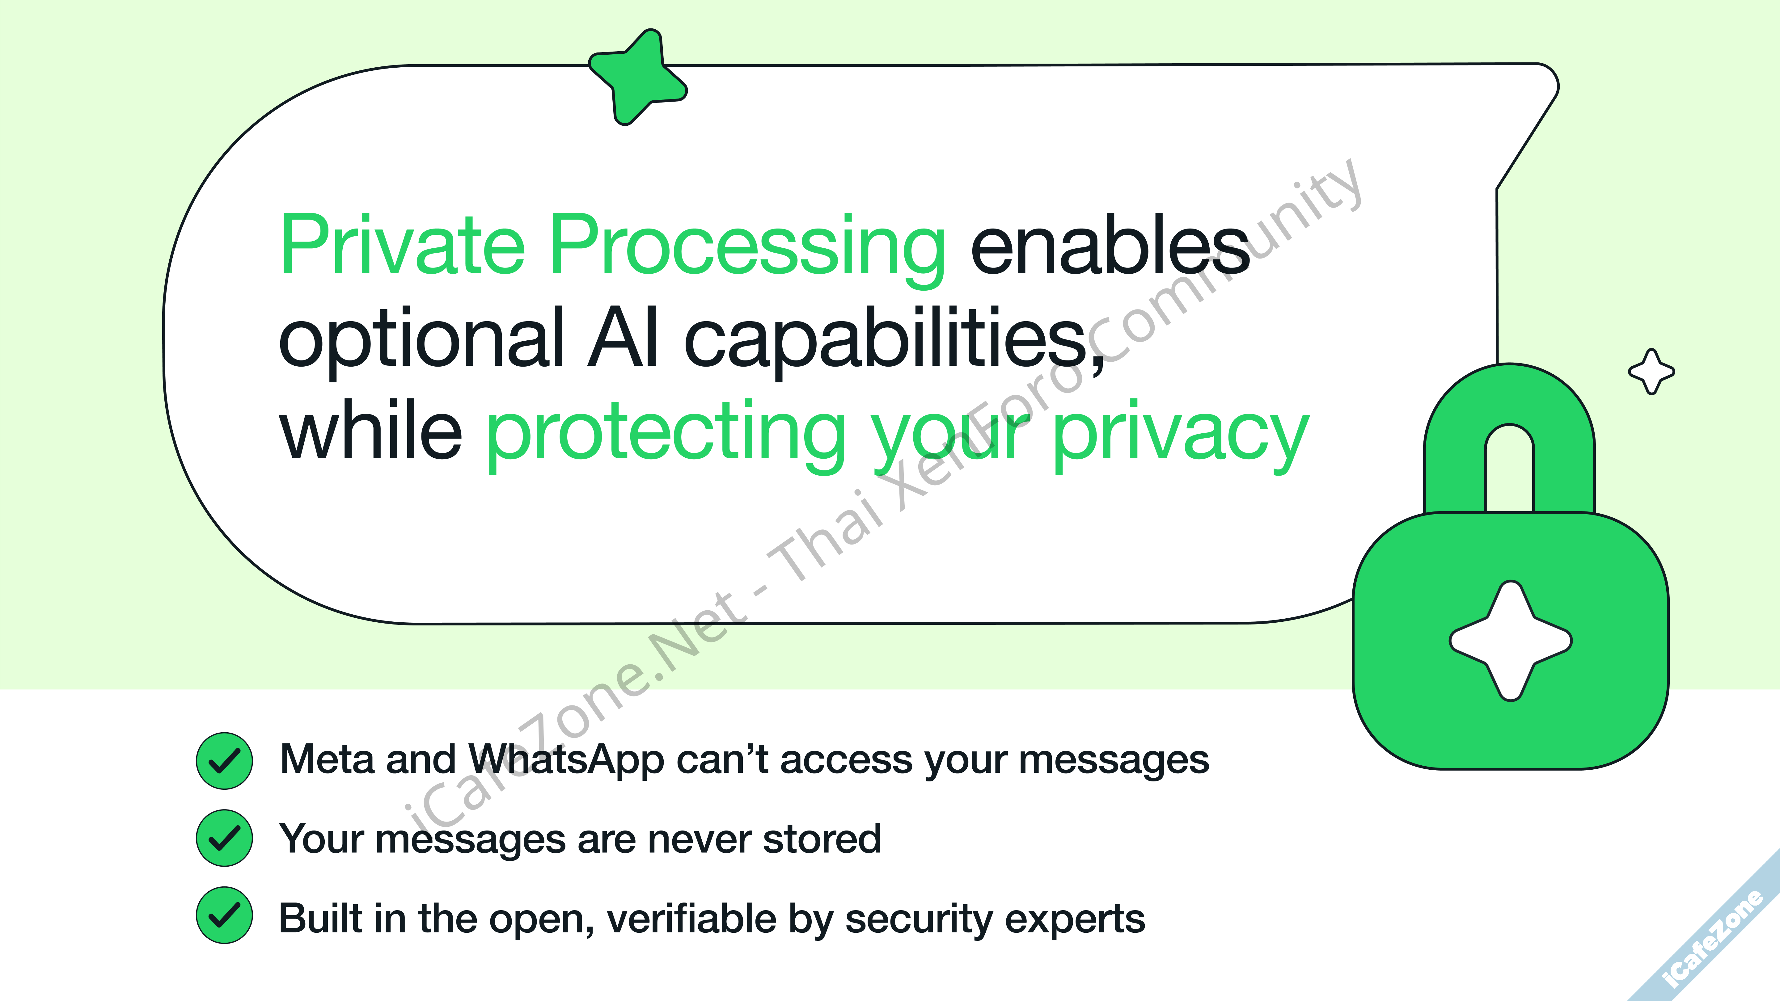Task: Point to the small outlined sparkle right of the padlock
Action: [1651, 372]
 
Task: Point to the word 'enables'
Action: [1110, 245]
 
